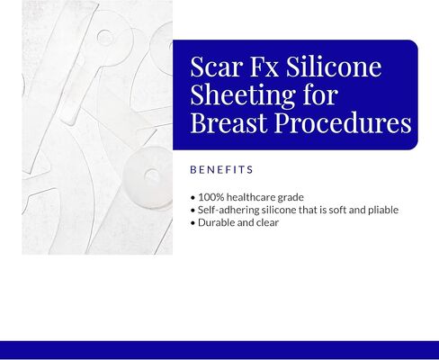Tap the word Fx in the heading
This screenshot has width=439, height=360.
click(269, 68)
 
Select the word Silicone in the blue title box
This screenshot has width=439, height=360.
click(338, 68)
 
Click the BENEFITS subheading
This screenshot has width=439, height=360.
click(221, 169)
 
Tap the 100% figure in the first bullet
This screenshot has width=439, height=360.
click(211, 197)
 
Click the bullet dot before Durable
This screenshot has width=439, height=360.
click(193, 222)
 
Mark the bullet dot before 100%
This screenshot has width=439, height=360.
click(193, 197)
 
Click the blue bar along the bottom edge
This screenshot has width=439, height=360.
click(219, 350)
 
